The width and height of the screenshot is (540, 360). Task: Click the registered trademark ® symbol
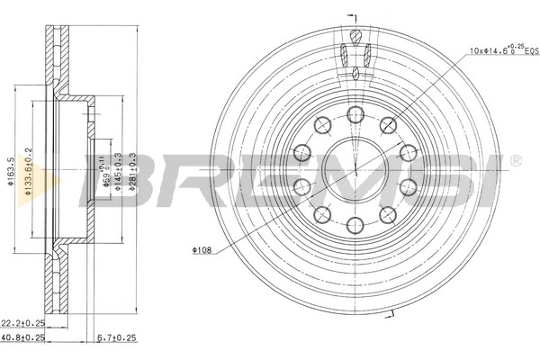coord(514,161)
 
